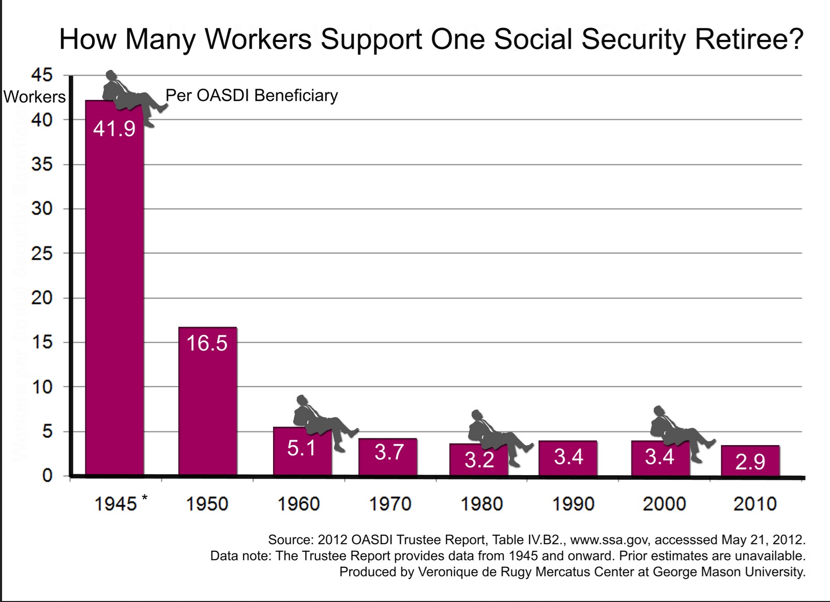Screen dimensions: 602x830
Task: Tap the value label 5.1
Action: click(301, 448)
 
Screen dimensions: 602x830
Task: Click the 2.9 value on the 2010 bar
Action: click(750, 462)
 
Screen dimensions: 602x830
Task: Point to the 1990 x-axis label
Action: click(573, 504)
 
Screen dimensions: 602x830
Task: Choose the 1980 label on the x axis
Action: click(481, 504)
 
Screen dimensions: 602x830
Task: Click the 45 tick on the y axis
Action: click(42, 75)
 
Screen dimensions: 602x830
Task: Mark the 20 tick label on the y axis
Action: click(42, 298)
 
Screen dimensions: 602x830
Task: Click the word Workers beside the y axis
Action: click(35, 97)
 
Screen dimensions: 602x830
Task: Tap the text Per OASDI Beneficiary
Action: click(251, 96)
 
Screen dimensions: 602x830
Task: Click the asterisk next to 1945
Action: click(144, 497)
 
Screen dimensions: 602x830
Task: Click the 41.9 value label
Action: click(114, 129)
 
